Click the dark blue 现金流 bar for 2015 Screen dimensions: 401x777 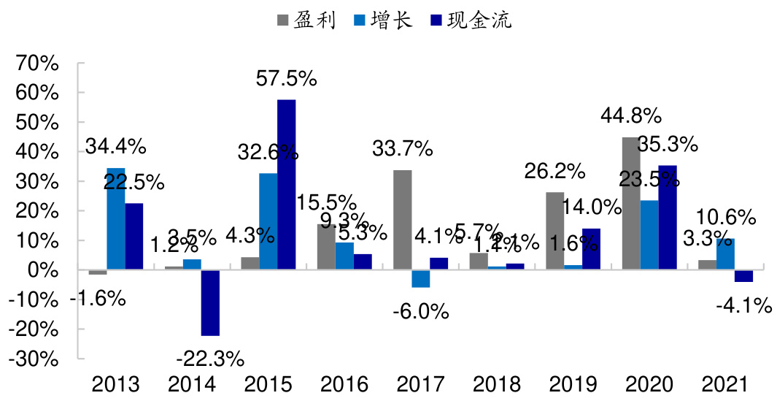point(286,185)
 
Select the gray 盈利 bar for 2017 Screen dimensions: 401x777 point(402,220)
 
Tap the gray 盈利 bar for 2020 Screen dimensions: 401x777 point(630,204)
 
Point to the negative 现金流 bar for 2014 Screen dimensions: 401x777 point(210,302)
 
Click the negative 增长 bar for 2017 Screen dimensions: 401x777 point(421,278)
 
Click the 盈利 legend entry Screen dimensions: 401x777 point(306,20)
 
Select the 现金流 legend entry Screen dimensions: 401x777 point(471,20)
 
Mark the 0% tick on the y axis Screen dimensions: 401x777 point(42,270)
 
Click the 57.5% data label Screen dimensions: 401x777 point(286,78)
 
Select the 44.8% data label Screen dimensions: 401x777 point(630,115)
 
